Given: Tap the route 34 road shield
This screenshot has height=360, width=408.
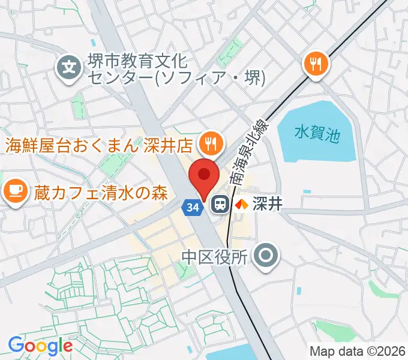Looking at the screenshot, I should (191, 207).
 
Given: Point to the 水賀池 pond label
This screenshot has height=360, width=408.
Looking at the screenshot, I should (317, 133).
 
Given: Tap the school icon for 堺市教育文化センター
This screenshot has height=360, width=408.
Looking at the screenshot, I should (71, 67).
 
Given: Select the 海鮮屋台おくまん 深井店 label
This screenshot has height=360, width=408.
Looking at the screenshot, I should (98, 145).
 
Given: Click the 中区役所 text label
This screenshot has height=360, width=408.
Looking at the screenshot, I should (214, 257).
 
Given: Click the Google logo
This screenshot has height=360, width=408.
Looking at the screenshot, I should (40, 346).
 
